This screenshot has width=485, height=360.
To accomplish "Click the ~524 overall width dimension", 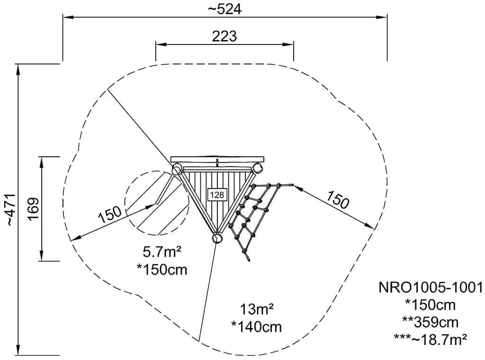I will [225, 9].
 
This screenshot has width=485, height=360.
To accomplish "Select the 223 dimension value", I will [225, 36].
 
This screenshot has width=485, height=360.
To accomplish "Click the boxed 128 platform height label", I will [217, 194].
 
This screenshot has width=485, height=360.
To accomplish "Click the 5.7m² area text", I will [162, 252].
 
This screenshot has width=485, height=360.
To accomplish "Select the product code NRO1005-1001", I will [430, 288].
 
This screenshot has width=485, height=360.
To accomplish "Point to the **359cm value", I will [430, 322].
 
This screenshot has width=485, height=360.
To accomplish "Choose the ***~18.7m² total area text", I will [430, 338].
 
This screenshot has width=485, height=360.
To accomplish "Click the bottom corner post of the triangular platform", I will [217, 238].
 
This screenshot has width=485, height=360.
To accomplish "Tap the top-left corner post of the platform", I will [176, 170].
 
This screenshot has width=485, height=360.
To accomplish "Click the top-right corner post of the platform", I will [258, 168].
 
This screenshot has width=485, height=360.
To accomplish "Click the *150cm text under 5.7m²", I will [162, 270].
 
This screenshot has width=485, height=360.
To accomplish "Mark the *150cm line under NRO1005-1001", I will [430, 305].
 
